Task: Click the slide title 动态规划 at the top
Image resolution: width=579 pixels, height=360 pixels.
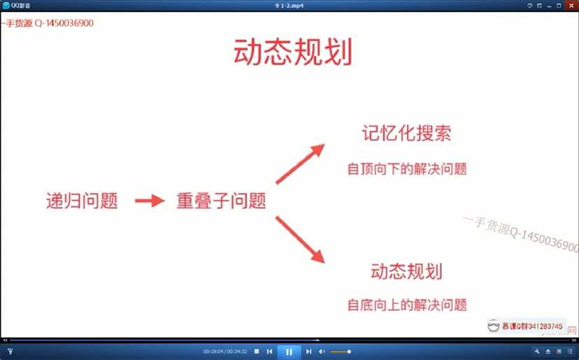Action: (293, 53)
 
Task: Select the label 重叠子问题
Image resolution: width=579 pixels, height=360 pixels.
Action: (220, 201)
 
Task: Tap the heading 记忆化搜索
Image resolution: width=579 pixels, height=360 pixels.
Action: (406, 134)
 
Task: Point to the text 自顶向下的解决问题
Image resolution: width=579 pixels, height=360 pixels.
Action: (407, 168)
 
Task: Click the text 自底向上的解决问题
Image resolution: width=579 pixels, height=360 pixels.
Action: (407, 305)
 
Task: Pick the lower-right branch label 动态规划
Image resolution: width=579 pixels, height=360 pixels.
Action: (406, 271)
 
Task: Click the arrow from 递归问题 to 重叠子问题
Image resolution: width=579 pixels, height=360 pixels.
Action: (148, 201)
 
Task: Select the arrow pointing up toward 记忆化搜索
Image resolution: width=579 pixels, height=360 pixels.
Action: (301, 164)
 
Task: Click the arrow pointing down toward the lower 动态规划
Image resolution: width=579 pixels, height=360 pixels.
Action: (301, 240)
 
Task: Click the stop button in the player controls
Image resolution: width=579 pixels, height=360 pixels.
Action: (257, 351)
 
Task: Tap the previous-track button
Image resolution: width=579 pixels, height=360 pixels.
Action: (270, 351)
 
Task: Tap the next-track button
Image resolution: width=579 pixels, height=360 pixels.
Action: (308, 351)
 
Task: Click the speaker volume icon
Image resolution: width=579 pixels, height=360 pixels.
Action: (322, 351)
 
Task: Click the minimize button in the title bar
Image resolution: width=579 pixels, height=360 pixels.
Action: (549, 6)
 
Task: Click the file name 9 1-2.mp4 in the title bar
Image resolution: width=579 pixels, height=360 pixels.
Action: (289, 6)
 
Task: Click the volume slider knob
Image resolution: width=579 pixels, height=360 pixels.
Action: (349, 351)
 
